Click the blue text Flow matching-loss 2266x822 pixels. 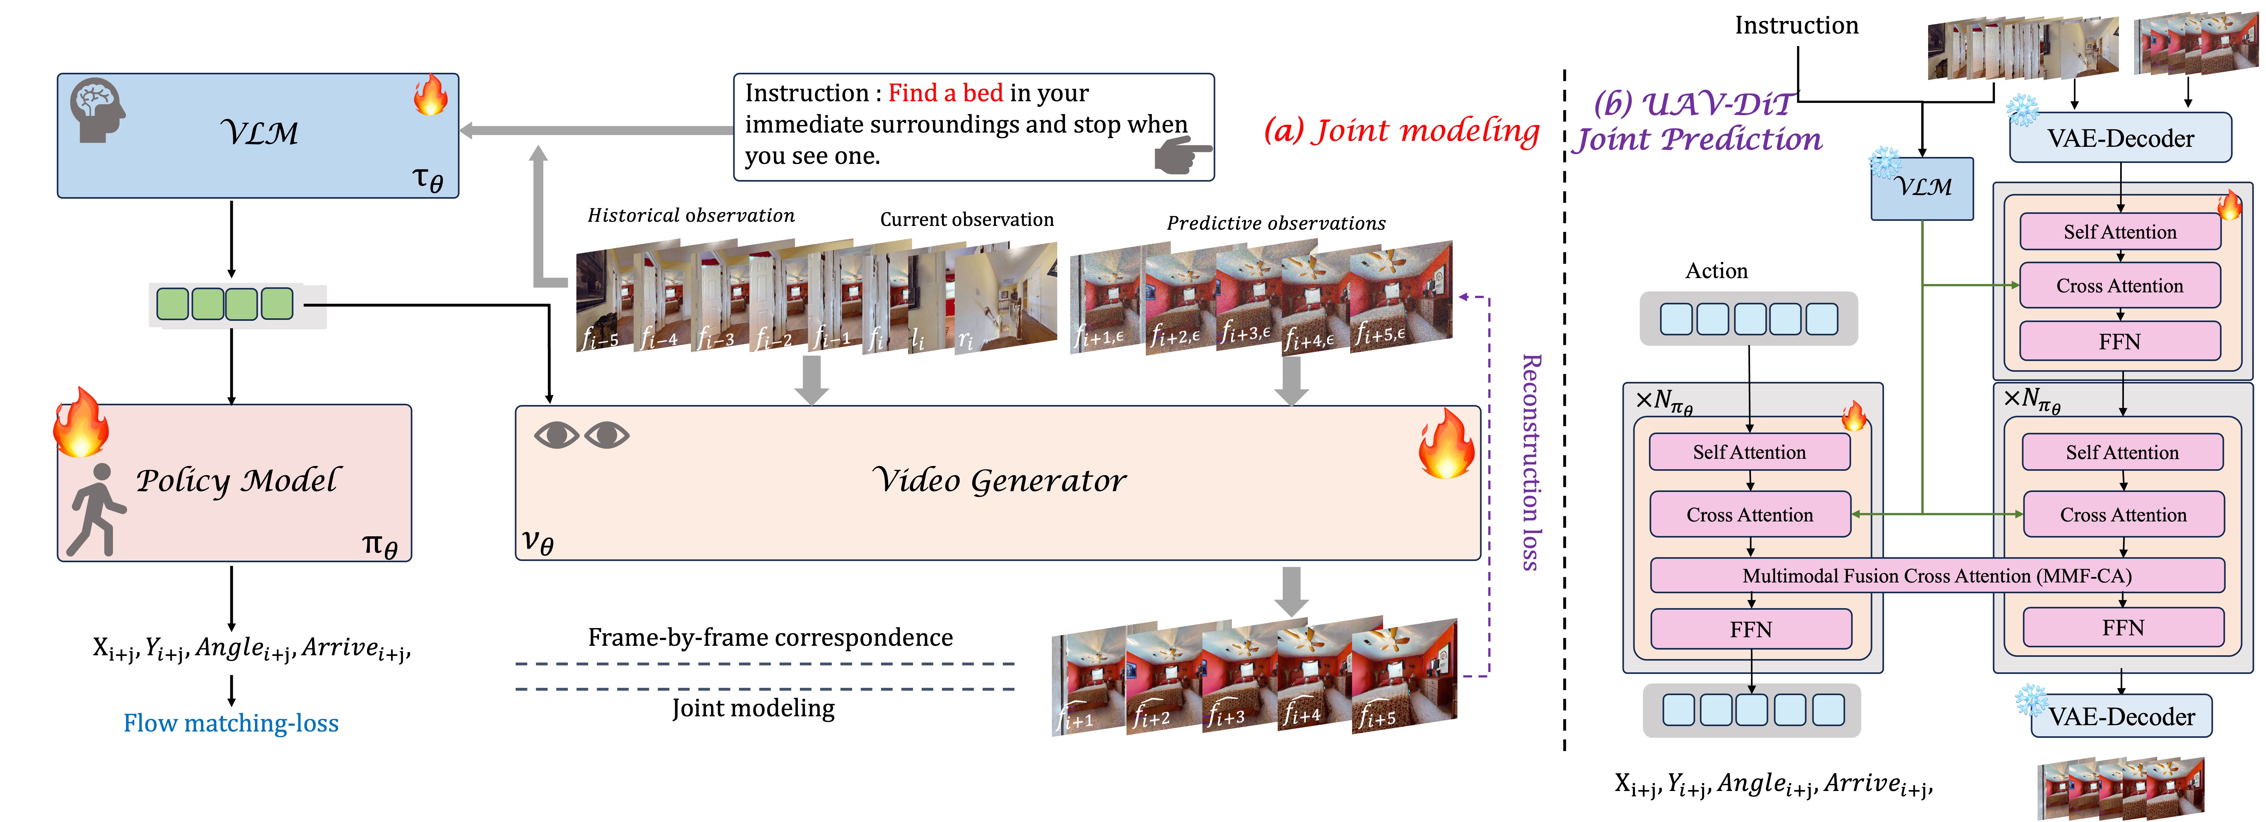231,723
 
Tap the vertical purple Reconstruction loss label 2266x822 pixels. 1531,462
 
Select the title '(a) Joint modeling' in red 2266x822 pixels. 1401,131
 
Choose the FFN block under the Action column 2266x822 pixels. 1751,629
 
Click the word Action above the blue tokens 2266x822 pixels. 1716,271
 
